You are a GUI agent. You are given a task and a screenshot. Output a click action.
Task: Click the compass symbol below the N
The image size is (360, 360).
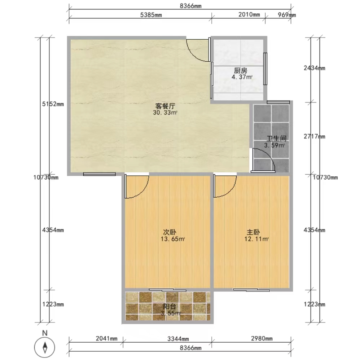click(x=44, y=347)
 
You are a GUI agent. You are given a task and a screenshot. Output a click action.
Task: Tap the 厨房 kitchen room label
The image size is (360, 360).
click(x=241, y=70)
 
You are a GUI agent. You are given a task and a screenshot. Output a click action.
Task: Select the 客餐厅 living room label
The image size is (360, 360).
click(x=165, y=106)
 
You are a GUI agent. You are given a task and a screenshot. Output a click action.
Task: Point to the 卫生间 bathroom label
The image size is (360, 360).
click(x=277, y=139)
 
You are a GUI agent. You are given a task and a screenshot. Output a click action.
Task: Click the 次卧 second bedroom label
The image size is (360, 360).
click(x=170, y=232)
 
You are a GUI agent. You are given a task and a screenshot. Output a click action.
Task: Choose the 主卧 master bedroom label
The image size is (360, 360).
click(x=253, y=232)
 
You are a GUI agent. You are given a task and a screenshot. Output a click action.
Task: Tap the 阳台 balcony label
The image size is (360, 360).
click(x=170, y=306)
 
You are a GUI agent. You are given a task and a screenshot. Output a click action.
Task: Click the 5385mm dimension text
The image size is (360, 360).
click(x=151, y=15)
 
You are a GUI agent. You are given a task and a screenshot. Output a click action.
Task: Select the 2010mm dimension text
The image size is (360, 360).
click(x=249, y=15)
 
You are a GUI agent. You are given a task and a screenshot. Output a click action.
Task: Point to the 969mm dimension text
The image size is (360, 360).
click(x=287, y=15)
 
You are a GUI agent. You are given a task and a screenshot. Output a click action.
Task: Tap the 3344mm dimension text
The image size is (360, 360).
click(x=178, y=339)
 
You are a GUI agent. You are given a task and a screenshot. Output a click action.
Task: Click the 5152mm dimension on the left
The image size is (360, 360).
click(x=53, y=104)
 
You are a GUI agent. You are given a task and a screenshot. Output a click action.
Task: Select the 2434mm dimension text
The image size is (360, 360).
click(x=315, y=68)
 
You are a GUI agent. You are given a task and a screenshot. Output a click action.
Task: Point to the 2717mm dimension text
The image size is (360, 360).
click(x=315, y=136)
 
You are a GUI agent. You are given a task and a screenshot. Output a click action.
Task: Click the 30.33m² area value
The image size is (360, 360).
click(x=165, y=113)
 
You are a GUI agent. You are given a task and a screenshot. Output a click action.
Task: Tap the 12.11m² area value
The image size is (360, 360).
click(x=256, y=239)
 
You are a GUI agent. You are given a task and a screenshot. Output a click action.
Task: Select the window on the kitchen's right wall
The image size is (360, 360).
click(x=265, y=69)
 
